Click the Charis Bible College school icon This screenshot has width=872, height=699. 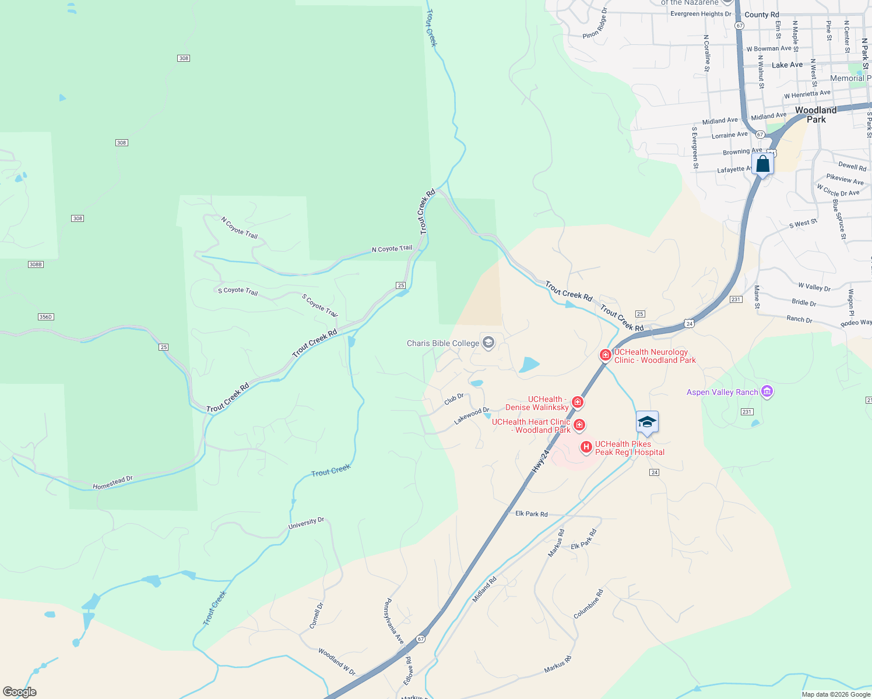(x=488, y=343)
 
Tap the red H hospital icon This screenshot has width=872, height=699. (x=586, y=447)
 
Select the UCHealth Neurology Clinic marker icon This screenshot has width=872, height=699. (x=606, y=355)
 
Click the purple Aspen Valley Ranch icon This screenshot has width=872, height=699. (x=767, y=391)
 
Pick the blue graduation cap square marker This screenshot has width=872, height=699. (x=647, y=422)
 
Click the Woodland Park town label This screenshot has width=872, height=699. (x=816, y=115)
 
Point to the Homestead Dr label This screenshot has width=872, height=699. (x=112, y=482)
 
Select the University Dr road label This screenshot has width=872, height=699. (x=306, y=523)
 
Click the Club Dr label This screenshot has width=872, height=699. (x=454, y=399)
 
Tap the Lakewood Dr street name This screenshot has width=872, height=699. (x=472, y=415)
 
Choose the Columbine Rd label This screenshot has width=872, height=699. (x=588, y=604)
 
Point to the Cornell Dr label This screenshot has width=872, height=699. (x=316, y=616)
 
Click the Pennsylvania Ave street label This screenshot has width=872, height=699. (x=393, y=621)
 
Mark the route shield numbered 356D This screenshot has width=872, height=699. (x=45, y=317)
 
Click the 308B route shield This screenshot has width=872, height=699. (x=36, y=264)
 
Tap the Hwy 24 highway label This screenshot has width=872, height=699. (x=541, y=461)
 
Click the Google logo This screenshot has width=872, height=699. (x=20, y=692)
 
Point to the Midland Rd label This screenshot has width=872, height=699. (x=484, y=589)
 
